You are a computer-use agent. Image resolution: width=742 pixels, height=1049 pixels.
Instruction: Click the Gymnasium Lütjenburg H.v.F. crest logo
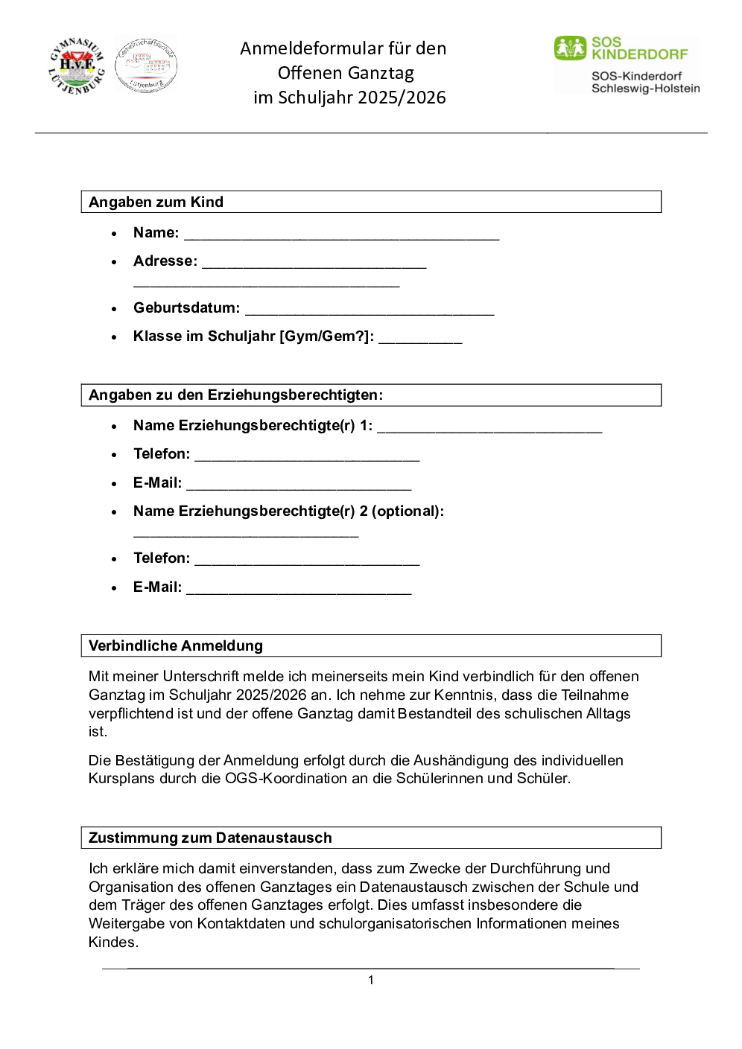[77, 66]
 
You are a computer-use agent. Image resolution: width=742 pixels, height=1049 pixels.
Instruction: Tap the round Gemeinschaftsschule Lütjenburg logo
[146, 66]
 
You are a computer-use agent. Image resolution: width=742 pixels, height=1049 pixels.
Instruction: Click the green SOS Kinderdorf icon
[570, 48]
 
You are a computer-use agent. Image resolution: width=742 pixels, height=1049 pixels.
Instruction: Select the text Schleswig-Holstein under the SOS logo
[645, 89]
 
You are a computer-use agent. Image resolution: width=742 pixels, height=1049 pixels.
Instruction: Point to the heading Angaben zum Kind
[156, 202]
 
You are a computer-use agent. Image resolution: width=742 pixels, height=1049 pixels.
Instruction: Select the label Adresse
[165, 261]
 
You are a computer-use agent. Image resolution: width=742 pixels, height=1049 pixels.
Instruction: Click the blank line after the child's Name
[341, 236]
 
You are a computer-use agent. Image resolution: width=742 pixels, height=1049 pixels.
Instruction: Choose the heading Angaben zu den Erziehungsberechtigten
[235, 395]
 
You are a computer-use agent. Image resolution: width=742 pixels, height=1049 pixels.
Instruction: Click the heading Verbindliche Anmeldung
[176, 645]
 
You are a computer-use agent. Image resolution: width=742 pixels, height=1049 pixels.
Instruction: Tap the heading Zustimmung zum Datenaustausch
[210, 838]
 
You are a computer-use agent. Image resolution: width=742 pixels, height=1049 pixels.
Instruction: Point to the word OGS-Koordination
[285, 778]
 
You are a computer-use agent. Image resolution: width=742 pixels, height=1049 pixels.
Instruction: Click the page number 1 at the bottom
[371, 980]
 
